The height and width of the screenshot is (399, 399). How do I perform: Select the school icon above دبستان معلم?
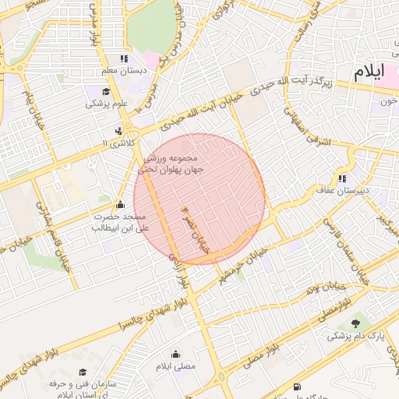point(123,58)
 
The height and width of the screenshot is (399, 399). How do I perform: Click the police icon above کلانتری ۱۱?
point(118,130)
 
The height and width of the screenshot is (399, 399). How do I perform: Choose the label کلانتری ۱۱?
point(118,143)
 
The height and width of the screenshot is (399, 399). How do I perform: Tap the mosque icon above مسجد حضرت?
point(118,205)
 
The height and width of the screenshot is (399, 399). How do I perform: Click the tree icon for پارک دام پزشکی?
point(356,323)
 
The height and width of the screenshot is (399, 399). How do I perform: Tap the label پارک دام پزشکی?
point(355,337)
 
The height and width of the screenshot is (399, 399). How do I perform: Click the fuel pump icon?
point(296,387)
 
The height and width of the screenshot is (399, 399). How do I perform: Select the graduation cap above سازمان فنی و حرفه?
point(83,372)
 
